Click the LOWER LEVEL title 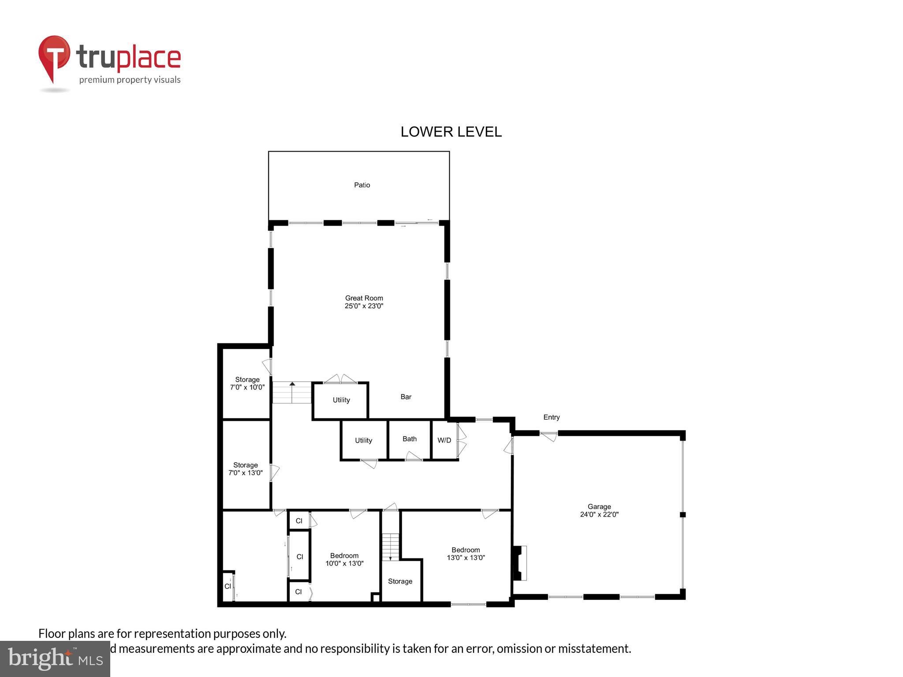pos(451,132)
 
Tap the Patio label pos(362,185)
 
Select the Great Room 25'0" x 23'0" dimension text pos(364,306)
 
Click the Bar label pos(406,397)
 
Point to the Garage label pos(599,507)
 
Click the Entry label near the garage pos(551,417)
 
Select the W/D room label pos(444,440)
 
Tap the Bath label pos(409,439)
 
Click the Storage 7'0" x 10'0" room pos(247,383)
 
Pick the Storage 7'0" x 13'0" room pos(246,469)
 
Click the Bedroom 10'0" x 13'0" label pos(344,559)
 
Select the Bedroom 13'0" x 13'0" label pos(466,554)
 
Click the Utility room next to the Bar pos(341,400)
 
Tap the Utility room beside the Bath pos(363,440)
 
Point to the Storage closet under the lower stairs pos(400,581)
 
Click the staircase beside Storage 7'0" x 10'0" pos(291,392)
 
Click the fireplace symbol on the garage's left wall pos(519,563)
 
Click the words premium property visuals pos(130,80)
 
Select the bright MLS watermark pos(55,658)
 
